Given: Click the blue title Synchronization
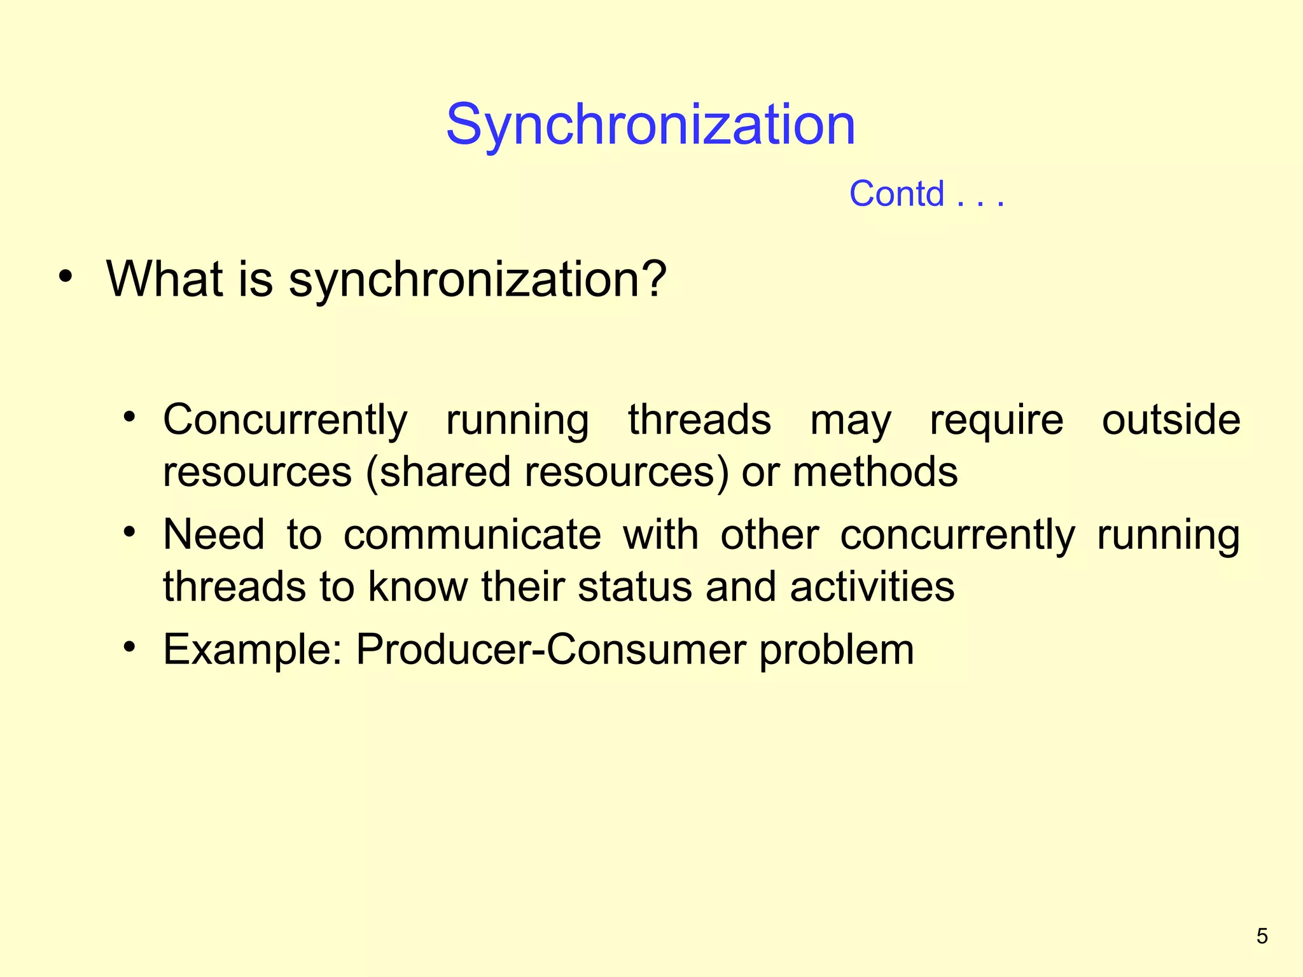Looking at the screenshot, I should click(x=650, y=125).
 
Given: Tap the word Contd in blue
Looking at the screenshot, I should click(x=896, y=194).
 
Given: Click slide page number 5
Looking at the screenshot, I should click(x=1262, y=936).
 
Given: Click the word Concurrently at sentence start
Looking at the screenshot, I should click(x=284, y=420).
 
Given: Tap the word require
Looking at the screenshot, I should click(x=996, y=420).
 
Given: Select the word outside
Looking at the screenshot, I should click(x=1171, y=420).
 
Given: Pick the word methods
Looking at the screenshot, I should click(x=875, y=473).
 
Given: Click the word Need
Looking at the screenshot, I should click(x=213, y=534).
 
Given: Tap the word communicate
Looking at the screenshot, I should click(x=472, y=534).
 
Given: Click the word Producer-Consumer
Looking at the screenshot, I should click(x=550, y=649).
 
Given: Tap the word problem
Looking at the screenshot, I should click(x=836, y=651).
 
